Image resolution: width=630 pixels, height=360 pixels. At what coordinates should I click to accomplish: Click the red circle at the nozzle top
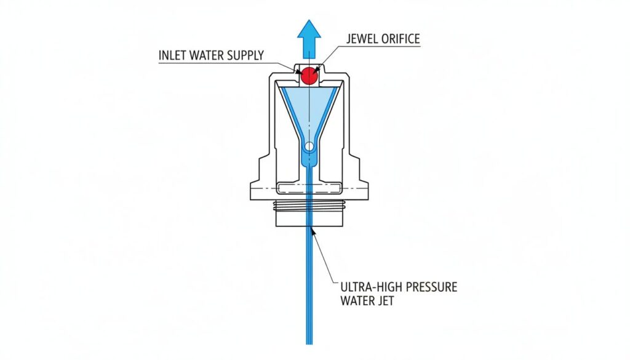click(x=308, y=76)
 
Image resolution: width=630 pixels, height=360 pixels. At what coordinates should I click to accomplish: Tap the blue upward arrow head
click(x=308, y=31)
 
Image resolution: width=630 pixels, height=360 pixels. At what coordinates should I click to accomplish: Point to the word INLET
click(x=173, y=55)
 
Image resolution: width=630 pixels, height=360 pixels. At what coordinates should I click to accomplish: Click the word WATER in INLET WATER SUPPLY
click(x=205, y=55)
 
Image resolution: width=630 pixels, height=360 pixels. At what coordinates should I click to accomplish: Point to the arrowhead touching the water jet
click(x=314, y=232)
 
